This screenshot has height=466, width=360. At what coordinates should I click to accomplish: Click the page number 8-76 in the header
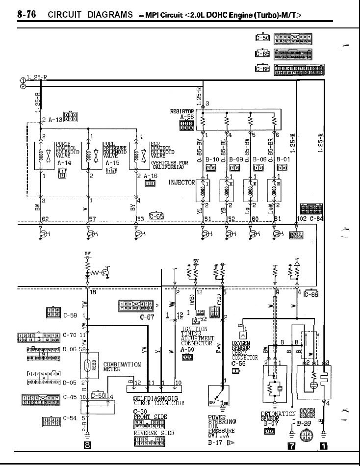click(x=27, y=14)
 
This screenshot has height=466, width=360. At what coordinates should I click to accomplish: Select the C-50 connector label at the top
click(x=262, y=38)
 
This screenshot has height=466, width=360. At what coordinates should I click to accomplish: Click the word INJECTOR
click(x=181, y=182)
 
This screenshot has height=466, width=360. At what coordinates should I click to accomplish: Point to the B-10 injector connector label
click(x=213, y=159)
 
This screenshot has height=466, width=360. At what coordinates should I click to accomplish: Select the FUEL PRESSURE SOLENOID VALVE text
click(x=114, y=150)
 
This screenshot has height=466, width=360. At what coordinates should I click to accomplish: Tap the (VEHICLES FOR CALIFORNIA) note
click(x=170, y=165)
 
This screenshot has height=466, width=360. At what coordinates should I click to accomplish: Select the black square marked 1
click(x=323, y=445)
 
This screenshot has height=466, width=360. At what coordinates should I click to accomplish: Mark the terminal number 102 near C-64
click(x=302, y=219)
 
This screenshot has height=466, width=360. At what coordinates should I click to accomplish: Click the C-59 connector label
click(x=71, y=315)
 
